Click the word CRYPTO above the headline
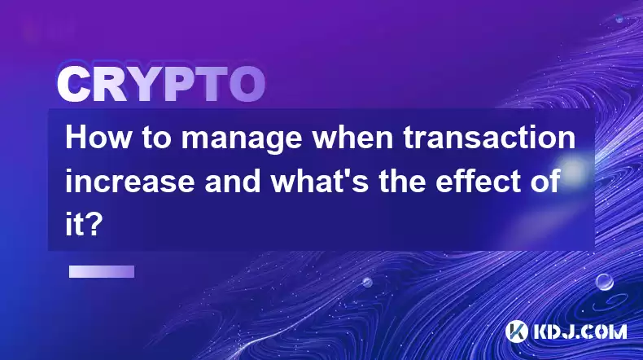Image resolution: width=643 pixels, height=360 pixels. point(161,85)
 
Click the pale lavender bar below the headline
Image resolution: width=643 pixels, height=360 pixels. point(102,271)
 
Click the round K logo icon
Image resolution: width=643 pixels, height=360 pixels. point(517,331)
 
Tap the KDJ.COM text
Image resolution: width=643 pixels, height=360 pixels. point(580,331)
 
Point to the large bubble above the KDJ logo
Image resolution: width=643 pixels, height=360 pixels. point(604,282)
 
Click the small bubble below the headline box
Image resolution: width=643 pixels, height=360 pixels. point(367,282)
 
